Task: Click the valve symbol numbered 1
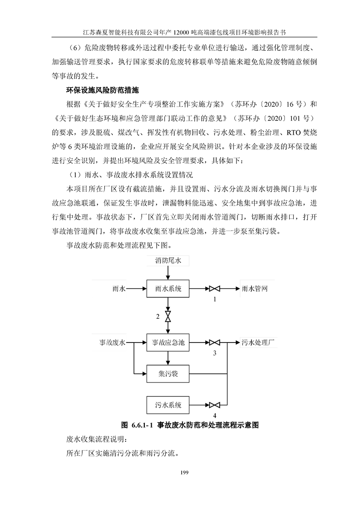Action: (x=214, y=289)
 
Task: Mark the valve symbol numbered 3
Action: (x=214, y=343)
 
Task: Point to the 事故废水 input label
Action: (x=113, y=343)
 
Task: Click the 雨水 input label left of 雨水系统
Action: (x=119, y=289)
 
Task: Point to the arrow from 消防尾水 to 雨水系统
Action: (x=168, y=273)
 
